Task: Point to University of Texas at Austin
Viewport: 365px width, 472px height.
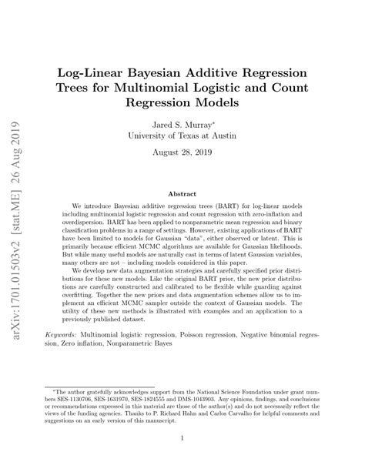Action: pyautogui.click(x=182, y=136)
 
